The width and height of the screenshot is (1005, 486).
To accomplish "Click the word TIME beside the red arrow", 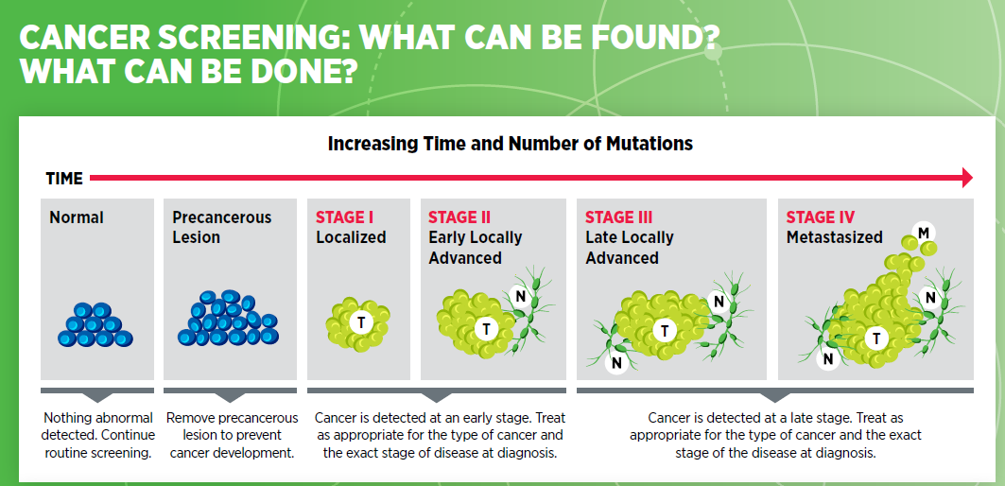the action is (64, 179).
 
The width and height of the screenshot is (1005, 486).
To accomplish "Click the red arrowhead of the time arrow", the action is (967, 178).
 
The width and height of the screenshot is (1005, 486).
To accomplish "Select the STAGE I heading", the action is (345, 217).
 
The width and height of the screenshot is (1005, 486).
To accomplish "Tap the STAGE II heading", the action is (459, 217).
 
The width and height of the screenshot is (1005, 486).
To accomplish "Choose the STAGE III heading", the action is (618, 217).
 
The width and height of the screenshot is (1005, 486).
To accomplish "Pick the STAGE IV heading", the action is (821, 217).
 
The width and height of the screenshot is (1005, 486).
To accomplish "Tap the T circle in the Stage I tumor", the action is (361, 322).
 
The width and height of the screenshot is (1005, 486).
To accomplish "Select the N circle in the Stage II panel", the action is (520, 296).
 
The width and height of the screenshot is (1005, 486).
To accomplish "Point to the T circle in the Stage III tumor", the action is (665, 331).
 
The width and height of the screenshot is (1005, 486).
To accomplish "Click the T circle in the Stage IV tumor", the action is (876, 338).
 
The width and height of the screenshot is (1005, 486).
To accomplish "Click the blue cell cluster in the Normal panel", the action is (95, 325).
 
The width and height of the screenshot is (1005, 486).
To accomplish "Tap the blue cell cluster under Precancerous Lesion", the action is (228, 318).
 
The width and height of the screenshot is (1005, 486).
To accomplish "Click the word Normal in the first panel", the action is (77, 218).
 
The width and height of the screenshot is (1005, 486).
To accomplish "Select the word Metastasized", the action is (835, 237).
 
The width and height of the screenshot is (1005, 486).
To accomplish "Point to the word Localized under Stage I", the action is (351, 237).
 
